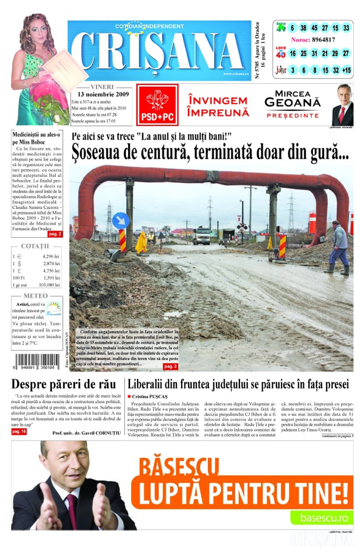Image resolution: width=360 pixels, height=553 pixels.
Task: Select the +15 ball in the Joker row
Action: pyautogui.click(x=346, y=70)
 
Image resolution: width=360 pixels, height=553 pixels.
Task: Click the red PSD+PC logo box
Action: pyautogui.click(x=157, y=105)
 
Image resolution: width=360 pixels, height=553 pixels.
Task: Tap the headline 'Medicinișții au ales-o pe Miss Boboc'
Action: pyautogui.click(x=36, y=138)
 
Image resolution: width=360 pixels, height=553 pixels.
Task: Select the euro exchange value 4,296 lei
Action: pyautogui.click(x=51, y=256)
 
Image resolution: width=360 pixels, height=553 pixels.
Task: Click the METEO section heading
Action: pyautogui.click(x=36, y=296)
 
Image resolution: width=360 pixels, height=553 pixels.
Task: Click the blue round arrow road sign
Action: pyautogui.click(x=121, y=220)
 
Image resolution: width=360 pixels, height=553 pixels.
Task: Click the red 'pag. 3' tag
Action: pyautogui.click(x=171, y=366)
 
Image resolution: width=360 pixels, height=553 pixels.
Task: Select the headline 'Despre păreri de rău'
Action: pyautogui.click(x=64, y=384)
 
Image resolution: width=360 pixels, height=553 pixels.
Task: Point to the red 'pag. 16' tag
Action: pyautogui.click(x=19, y=432)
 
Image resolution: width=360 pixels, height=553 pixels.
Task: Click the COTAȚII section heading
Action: pyautogui.click(x=35, y=246)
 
